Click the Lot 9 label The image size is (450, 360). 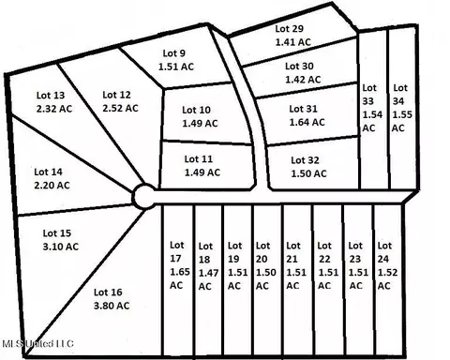tap(174, 53)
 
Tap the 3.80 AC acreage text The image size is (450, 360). tap(112, 306)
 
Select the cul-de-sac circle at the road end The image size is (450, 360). tap(144, 196)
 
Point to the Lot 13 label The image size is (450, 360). tap(51, 95)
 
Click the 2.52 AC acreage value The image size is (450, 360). tap(120, 108)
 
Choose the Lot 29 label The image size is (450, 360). tap(290, 29)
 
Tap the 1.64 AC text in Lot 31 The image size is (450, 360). tap(307, 122)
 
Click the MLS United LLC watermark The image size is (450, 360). tap(37, 344)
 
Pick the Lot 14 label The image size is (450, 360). tap(48, 172)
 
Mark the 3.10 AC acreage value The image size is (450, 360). tap(61, 247)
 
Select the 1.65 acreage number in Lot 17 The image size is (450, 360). tap(180, 272)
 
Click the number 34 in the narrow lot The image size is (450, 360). tap(398, 101)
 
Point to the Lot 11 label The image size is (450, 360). tap(199, 159)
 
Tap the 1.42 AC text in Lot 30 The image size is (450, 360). tap(303, 80)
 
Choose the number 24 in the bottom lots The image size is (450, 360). tap(383, 259)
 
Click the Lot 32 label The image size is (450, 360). tap(305, 160)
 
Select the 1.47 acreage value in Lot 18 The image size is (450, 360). tap(208, 273)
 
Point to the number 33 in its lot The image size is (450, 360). tap(368, 101)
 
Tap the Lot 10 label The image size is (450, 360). tap(196, 110)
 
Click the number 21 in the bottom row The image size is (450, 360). tap(292, 259)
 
